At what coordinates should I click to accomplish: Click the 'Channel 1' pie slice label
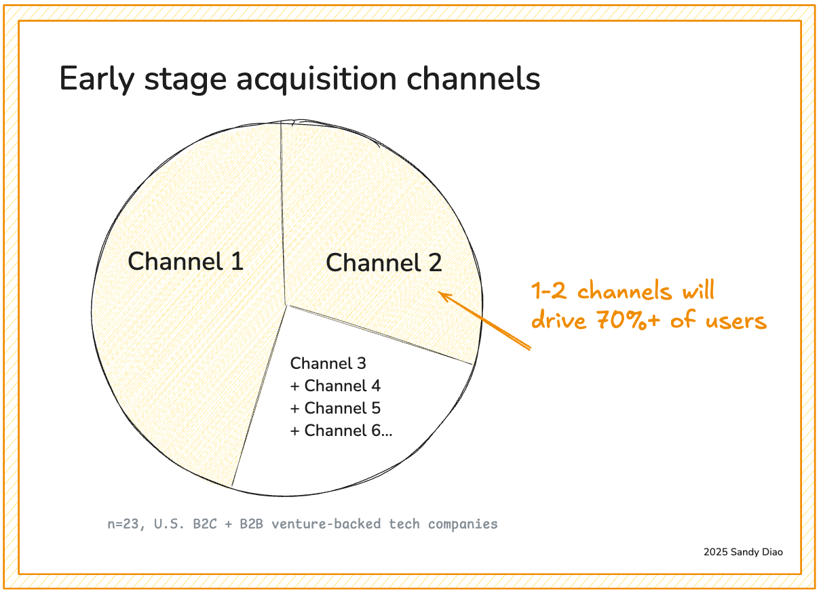185,261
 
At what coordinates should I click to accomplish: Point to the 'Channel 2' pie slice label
384,263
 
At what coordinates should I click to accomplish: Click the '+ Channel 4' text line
335,386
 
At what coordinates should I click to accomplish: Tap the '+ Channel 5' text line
335,408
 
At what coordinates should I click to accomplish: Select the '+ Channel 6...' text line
341,431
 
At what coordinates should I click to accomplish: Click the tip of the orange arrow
440,294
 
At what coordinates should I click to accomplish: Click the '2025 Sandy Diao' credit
743,552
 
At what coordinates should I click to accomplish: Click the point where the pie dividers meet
286,304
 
